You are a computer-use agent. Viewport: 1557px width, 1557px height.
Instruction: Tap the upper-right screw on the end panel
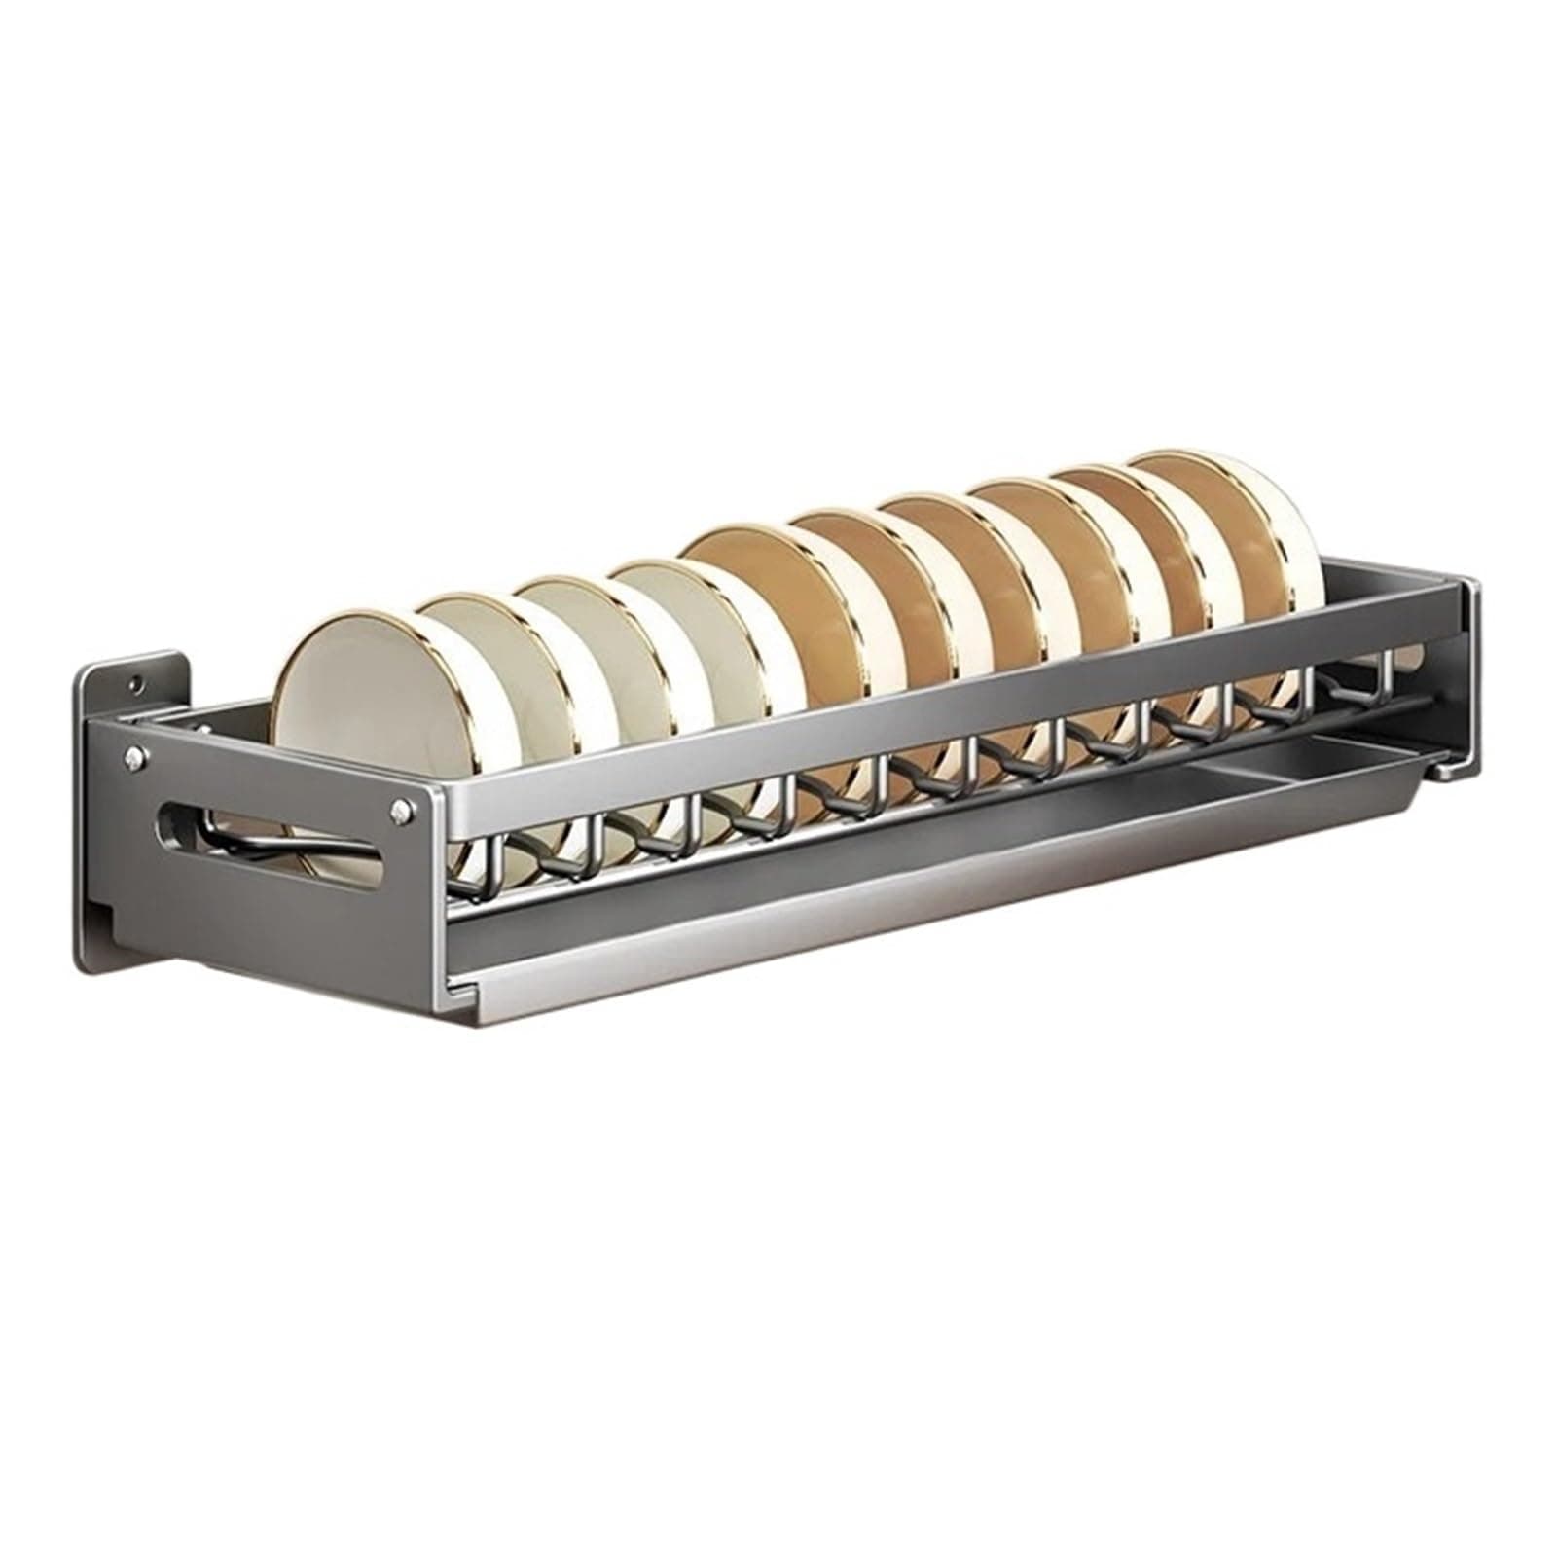pyautogui.click(x=398, y=807)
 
